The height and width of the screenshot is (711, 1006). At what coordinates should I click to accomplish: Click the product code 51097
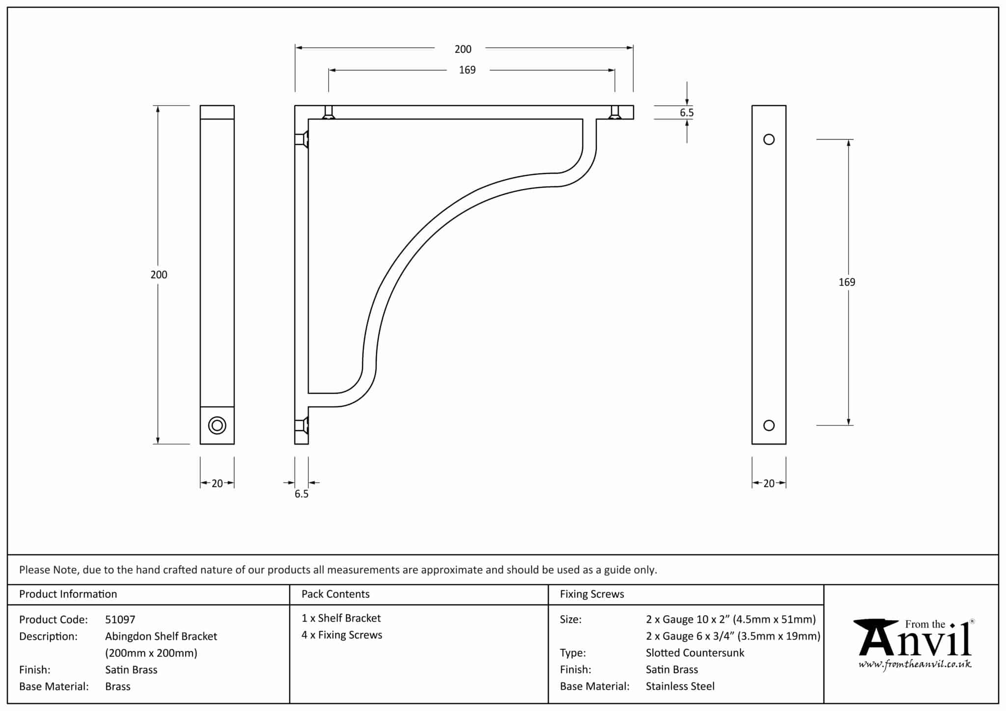pos(120,620)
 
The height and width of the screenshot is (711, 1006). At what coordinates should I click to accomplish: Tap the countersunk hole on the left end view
pos(217,425)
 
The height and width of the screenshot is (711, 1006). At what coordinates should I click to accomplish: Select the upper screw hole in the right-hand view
pos(769,139)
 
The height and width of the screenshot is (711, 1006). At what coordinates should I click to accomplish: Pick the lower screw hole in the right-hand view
pos(769,425)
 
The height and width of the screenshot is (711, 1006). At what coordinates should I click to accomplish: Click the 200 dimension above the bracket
pos(463,49)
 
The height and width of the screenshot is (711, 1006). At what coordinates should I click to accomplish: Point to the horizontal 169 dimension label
pos(467,70)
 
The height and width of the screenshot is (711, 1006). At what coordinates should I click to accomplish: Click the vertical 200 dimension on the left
pos(159,275)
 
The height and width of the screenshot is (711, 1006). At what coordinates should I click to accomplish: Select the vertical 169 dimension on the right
pos(847,282)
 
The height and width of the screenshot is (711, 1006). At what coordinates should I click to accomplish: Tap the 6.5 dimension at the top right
pos(687,113)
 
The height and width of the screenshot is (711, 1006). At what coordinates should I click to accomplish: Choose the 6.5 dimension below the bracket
pos(302,494)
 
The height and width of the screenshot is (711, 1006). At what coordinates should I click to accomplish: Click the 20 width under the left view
pos(217,484)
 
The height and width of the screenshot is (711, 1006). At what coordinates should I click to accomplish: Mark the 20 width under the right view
pos(769,484)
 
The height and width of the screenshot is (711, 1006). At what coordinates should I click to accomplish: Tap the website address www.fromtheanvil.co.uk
pos(915,665)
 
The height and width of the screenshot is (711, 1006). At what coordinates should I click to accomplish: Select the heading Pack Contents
pos(335,594)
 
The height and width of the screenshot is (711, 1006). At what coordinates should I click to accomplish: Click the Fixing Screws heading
pos(592,594)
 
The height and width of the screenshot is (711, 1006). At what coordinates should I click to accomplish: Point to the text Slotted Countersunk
pos(695,653)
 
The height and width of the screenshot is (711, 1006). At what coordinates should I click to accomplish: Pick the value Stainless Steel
pos(680,686)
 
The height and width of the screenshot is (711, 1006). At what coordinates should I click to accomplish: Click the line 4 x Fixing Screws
pos(342,635)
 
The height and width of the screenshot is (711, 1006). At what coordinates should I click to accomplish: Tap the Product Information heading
pos(68,594)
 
